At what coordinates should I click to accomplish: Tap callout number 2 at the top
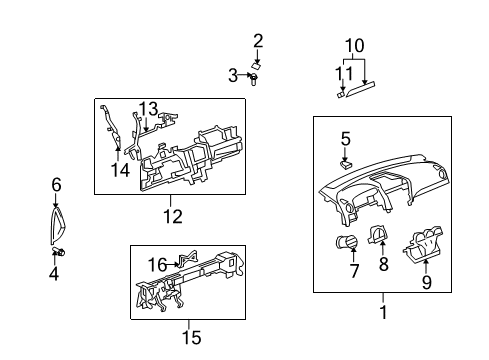pos(258,41)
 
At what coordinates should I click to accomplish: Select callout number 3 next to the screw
pos(233,75)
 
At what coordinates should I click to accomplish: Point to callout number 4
pos(54,273)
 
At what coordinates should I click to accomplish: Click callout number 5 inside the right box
pos(346,139)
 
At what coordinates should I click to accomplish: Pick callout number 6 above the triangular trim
pos(56,184)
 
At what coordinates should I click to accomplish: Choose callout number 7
pos(352,273)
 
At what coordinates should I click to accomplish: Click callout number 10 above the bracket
pos(355,47)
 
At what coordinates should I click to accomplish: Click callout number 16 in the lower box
pos(158,264)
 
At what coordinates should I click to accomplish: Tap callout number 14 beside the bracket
pos(120,171)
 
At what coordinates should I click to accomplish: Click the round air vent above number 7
pos(352,244)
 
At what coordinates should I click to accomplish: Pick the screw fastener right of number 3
pos(255,77)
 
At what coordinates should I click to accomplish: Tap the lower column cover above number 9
pos(424,243)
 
